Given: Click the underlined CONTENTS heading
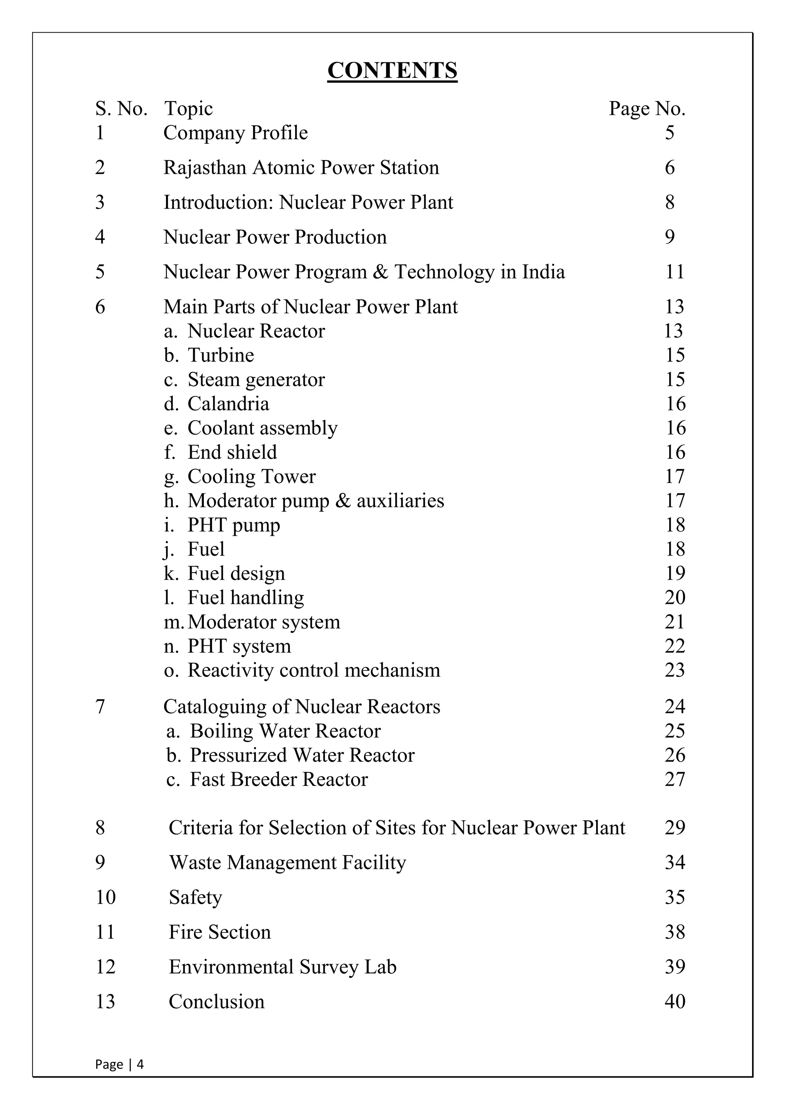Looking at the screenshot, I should pyautogui.click(x=392, y=70).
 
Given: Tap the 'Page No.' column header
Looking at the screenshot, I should pyautogui.click(x=647, y=109).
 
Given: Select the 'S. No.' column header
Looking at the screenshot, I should pyautogui.click(x=121, y=109).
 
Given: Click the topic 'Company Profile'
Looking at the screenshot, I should pyautogui.click(x=235, y=133).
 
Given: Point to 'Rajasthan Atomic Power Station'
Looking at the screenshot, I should pyautogui.click(x=301, y=168).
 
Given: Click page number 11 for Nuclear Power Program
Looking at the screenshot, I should pyautogui.click(x=675, y=272).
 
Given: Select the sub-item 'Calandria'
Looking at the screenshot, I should pyautogui.click(x=228, y=404).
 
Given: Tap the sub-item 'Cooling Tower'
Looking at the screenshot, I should pyautogui.click(x=251, y=477).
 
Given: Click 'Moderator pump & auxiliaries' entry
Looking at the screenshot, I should pyautogui.click(x=315, y=501).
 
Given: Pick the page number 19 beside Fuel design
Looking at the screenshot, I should pyautogui.click(x=675, y=573).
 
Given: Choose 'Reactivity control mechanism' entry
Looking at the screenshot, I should pyautogui.click(x=314, y=671).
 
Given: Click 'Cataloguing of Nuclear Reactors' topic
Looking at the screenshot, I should pyautogui.click(x=302, y=707).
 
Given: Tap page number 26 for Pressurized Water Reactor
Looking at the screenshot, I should pyautogui.click(x=675, y=756).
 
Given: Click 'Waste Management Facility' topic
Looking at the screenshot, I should pyautogui.click(x=287, y=863).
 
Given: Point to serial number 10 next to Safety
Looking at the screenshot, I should pyautogui.click(x=105, y=898).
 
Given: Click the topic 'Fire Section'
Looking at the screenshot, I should pyautogui.click(x=220, y=932).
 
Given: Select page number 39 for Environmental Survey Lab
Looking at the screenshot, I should pyautogui.click(x=675, y=967).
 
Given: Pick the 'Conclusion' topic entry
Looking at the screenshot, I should pyautogui.click(x=217, y=1002).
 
